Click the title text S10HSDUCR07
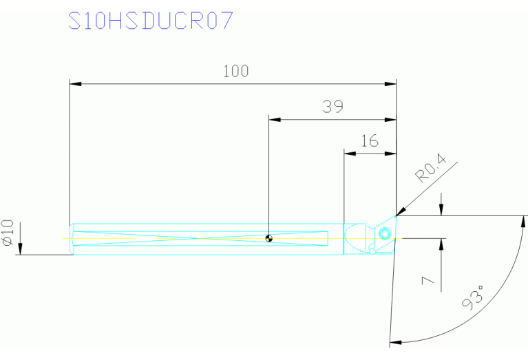tap(151, 21)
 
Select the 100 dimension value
tap(235, 71)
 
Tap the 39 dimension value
tap(332, 107)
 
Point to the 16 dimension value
tap(370, 141)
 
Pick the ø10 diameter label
tap(8, 233)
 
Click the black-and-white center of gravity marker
tap(269, 239)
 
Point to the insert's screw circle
tap(385, 233)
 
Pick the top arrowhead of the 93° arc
tap(525, 221)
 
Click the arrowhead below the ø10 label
tap(21, 249)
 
